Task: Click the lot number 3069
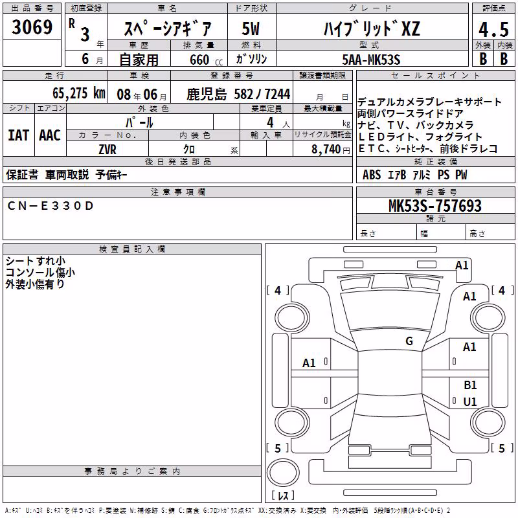(32, 27)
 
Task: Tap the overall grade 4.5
(493, 29)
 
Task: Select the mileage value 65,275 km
(79, 93)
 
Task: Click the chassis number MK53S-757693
(434, 205)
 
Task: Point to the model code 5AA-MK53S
(371, 60)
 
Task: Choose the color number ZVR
(107, 150)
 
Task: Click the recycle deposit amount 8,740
(326, 150)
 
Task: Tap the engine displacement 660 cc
(206, 60)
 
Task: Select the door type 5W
(251, 28)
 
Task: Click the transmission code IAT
(19, 135)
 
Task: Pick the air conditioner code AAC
(50, 135)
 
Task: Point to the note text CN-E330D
(51, 206)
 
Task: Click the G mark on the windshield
(409, 341)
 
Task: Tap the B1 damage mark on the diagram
(470, 385)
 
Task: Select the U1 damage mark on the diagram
(470, 401)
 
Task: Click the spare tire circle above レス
(283, 473)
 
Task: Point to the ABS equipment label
(372, 175)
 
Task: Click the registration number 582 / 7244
(262, 94)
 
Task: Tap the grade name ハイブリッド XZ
(372, 28)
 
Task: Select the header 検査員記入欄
(132, 249)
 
